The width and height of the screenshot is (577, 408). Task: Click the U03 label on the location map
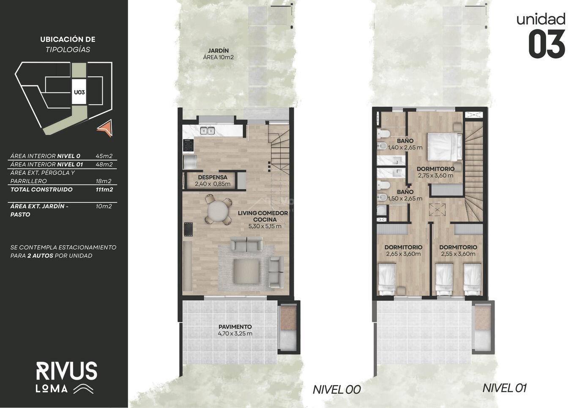[x=79, y=92]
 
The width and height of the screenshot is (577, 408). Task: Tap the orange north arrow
[x=106, y=128]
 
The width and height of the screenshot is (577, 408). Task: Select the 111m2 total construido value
[x=104, y=190]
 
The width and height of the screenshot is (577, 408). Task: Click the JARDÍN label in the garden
[x=219, y=50]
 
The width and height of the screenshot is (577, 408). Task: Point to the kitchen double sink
[x=208, y=131]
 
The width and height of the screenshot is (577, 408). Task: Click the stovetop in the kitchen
[x=188, y=146]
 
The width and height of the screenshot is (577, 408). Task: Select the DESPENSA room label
[x=213, y=177]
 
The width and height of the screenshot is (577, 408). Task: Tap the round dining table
[x=218, y=211]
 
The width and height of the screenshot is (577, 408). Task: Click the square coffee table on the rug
[x=246, y=271]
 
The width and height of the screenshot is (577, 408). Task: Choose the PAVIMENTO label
[x=235, y=327]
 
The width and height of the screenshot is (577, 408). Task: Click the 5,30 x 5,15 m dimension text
[x=265, y=226]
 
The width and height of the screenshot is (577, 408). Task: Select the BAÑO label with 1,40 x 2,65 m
[x=405, y=141]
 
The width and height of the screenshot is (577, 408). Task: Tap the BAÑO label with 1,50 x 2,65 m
[x=405, y=192]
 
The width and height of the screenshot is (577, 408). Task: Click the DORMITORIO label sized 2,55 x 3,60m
[x=458, y=247]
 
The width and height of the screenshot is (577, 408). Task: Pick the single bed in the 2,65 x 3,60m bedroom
[x=387, y=279]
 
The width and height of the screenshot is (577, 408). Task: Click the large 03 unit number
[x=547, y=44]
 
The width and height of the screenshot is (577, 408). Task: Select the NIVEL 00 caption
[x=336, y=390]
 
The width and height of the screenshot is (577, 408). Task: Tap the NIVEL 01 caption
[x=505, y=388]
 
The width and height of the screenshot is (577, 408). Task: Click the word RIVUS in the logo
[x=67, y=371]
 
